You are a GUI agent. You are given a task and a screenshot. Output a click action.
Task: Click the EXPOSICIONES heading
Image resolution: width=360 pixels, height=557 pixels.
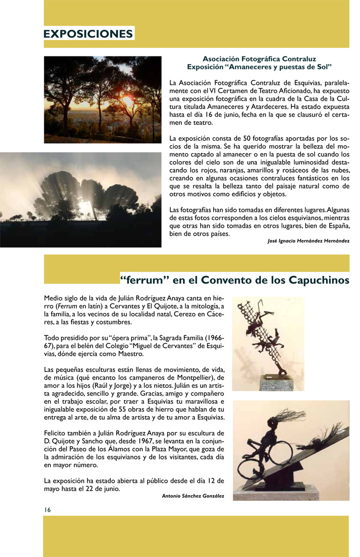point(88,34)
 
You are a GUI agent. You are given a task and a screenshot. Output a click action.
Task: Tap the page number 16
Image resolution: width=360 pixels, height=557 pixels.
point(47,509)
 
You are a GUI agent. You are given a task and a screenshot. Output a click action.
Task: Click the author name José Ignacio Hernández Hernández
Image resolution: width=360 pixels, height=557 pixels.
point(308,241)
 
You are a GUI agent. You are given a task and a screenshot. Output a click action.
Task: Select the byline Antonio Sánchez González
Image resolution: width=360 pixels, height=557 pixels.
point(193,496)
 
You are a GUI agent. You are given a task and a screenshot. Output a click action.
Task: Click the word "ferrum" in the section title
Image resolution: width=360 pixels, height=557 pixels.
point(144,280)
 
